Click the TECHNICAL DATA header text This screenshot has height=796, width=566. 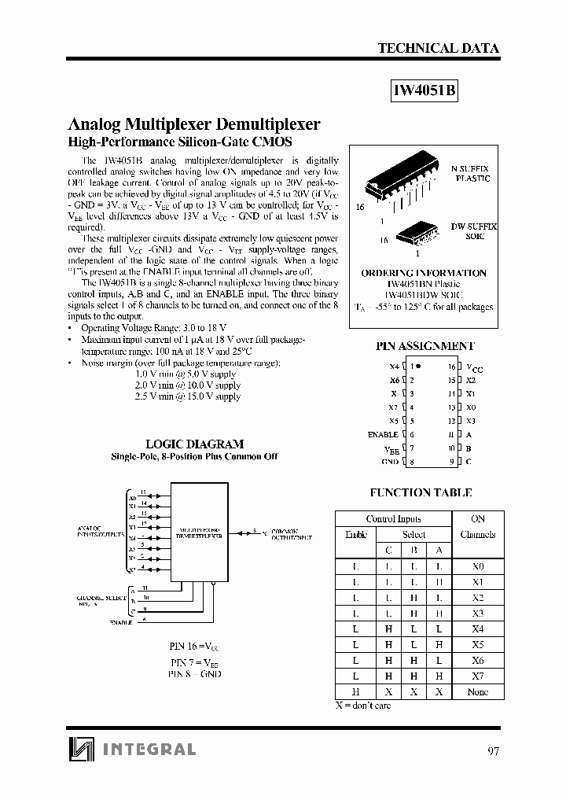(x=438, y=48)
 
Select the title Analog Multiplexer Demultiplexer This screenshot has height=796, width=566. (x=195, y=124)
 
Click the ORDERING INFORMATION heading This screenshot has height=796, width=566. (x=424, y=273)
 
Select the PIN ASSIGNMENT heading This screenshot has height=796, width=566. (x=425, y=346)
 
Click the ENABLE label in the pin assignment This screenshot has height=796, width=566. (x=383, y=434)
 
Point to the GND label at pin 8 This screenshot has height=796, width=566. (x=390, y=462)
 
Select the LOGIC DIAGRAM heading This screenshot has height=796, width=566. (x=206, y=444)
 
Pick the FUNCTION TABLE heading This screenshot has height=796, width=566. (x=421, y=493)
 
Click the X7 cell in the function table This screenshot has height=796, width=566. (x=477, y=676)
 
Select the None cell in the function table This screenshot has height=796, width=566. (x=477, y=691)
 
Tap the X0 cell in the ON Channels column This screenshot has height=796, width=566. (x=477, y=566)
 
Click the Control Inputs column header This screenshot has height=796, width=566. (x=393, y=519)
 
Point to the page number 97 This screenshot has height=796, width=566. (x=492, y=750)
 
